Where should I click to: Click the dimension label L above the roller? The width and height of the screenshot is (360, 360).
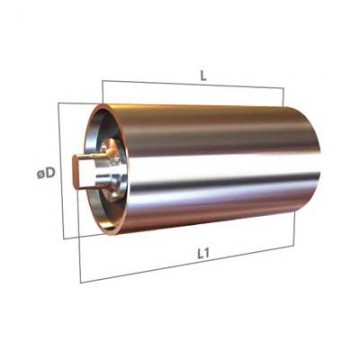tap(203, 76)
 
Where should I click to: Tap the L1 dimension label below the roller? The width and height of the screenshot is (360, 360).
tap(203, 254)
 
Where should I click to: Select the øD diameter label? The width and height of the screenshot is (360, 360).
tap(46, 173)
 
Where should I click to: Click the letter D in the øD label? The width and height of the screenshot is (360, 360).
tap(50, 173)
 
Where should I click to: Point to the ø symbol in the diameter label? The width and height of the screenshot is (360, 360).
tap(41, 174)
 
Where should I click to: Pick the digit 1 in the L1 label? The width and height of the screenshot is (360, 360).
tap(206, 254)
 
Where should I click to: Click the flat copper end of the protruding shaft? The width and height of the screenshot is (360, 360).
tap(76, 173)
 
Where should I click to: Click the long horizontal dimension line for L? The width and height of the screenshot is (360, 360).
tap(193, 84)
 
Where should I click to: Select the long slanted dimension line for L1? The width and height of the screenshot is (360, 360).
tap(187, 264)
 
